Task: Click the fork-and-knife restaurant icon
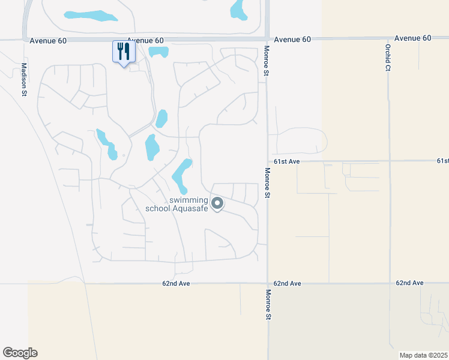click(x=124, y=52)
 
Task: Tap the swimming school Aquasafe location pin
click(x=217, y=204)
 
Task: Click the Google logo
click(x=20, y=353)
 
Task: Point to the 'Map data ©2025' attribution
click(x=423, y=355)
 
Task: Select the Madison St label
click(x=25, y=79)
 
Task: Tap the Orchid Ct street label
click(x=388, y=57)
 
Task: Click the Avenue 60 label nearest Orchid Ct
click(x=413, y=38)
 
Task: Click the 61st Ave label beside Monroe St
click(x=286, y=161)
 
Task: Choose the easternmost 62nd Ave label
click(x=410, y=283)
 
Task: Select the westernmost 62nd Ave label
click(x=176, y=283)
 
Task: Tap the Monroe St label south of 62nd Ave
click(x=268, y=304)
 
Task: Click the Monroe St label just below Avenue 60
click(x=265, y=61)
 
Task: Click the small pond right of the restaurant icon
click(x=158, y=52)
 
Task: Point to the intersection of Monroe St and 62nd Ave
click(x=268, y=283)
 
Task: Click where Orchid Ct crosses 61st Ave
click(x=389, y=161)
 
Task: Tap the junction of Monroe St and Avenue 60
click(x=266, y=39)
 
